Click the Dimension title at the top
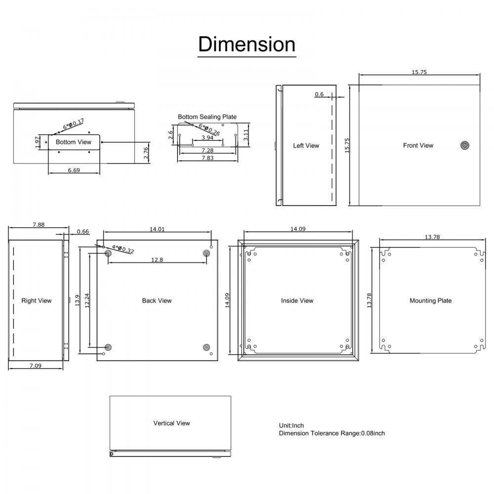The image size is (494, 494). coord(247,44)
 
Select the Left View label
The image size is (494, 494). coord(306,146)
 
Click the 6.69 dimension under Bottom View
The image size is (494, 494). coord(74,170)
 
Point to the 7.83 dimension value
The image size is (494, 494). coord(207,158)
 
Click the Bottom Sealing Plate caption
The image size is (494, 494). coord(207,117)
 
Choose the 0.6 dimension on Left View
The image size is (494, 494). coord(319,94)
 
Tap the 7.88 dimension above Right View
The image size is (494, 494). coord(39,224)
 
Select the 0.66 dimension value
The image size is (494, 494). coord(83,231)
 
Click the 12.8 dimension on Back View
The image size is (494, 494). coord(157,260)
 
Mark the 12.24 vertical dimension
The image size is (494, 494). coord(86,300)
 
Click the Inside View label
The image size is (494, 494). coord(297,300)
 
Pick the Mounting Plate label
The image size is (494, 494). coord(430,300)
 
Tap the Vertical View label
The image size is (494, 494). coord(171,423)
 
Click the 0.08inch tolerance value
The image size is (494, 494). coord(373,433)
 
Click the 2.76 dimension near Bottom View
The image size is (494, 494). coord(145,153)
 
